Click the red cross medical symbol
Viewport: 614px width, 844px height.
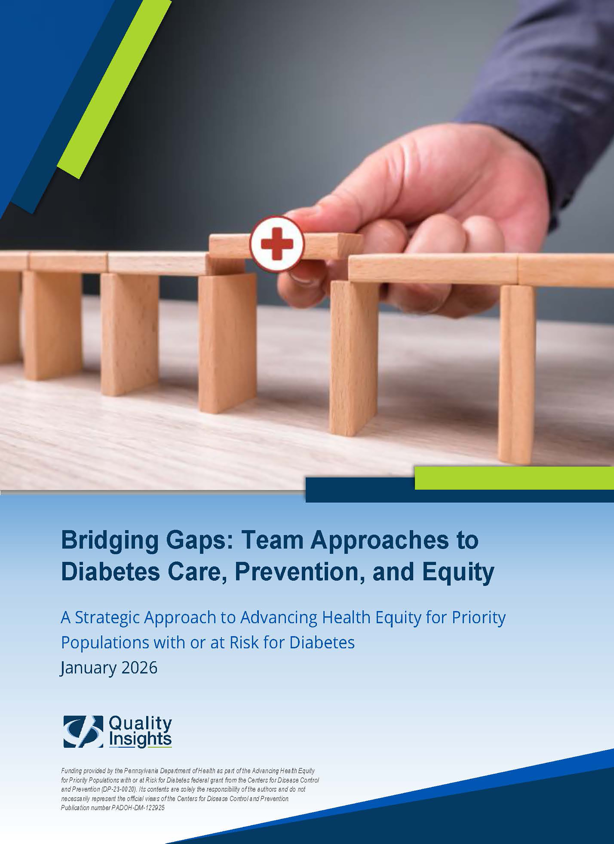277,244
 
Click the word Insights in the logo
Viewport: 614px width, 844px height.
140,739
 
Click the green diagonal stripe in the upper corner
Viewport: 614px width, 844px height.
114,89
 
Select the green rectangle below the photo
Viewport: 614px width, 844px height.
514,478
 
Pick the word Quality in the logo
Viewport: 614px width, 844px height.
140,723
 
